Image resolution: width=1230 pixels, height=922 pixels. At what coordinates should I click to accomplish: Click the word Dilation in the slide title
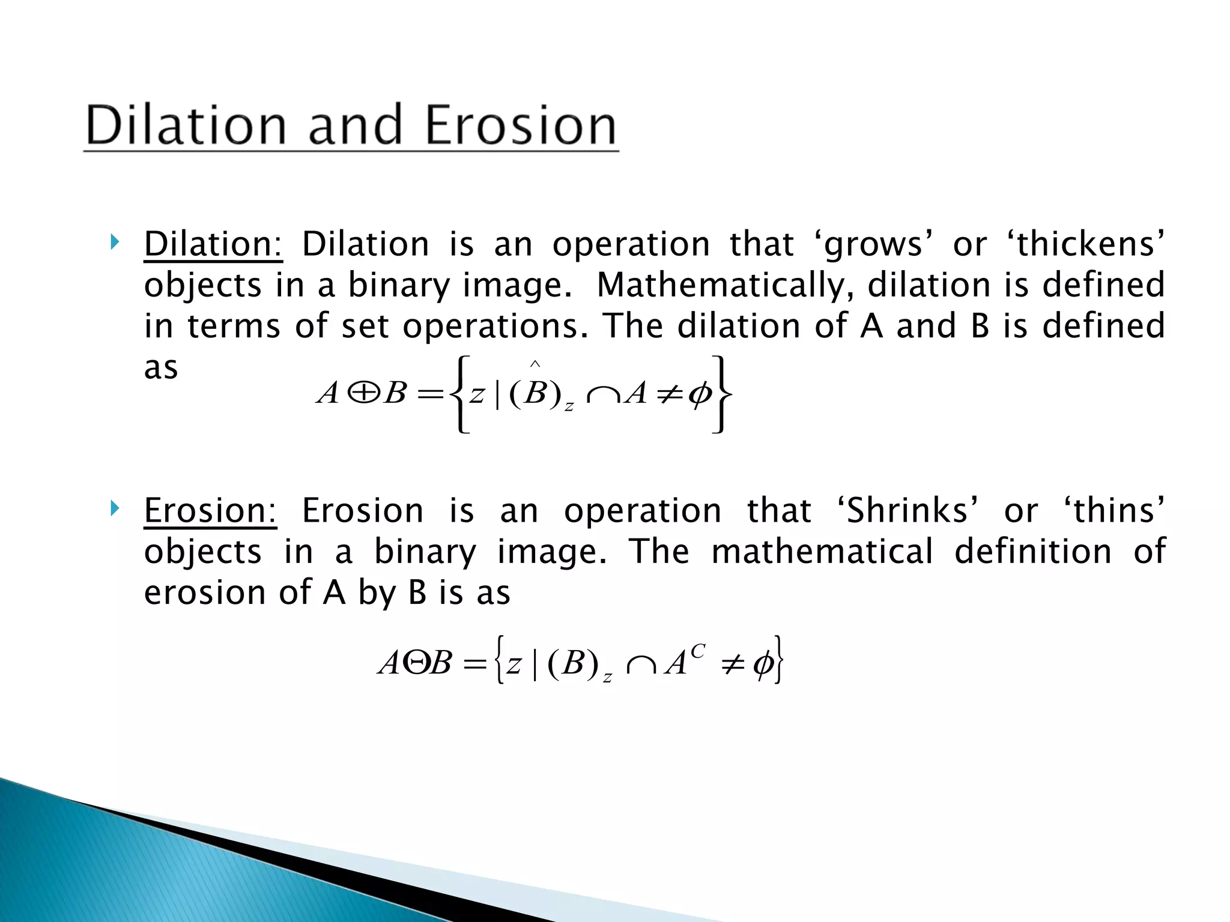click(186, 125)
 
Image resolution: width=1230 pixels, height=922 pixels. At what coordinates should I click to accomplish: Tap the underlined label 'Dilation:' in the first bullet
click(213, 244)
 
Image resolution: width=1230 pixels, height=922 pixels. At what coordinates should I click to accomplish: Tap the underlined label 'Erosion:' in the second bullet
click(210, 511)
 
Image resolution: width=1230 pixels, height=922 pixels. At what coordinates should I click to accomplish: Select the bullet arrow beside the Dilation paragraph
click(114, 243)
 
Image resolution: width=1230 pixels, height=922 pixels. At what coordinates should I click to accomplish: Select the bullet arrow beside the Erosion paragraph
click(114, 510)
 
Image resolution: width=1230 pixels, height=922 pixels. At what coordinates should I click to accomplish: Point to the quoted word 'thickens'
click(1086, 244)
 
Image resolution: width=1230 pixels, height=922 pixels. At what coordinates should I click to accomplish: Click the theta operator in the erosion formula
click(415, 664)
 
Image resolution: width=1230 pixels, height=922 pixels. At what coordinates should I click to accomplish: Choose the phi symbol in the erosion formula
click(763, 665)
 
